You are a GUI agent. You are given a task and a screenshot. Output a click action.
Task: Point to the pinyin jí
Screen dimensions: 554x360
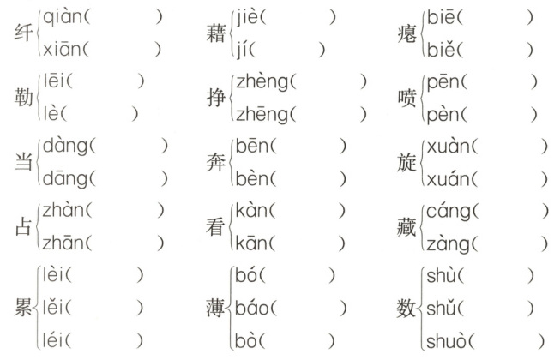(243, 49)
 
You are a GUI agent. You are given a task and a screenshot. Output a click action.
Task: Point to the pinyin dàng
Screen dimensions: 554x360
(64, 145)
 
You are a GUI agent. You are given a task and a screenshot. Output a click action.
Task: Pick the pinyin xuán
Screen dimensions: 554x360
(447, 177)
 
